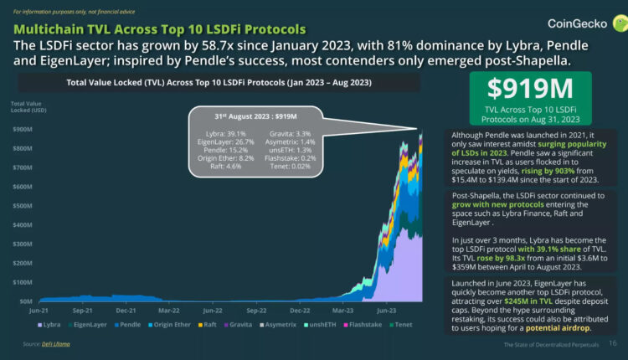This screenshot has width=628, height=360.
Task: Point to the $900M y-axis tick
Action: click(23, 129)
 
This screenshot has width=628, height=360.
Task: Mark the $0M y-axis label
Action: click(26, 301)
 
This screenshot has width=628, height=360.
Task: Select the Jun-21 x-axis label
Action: click(39, 310)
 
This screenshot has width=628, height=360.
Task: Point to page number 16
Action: click(612, 343)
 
